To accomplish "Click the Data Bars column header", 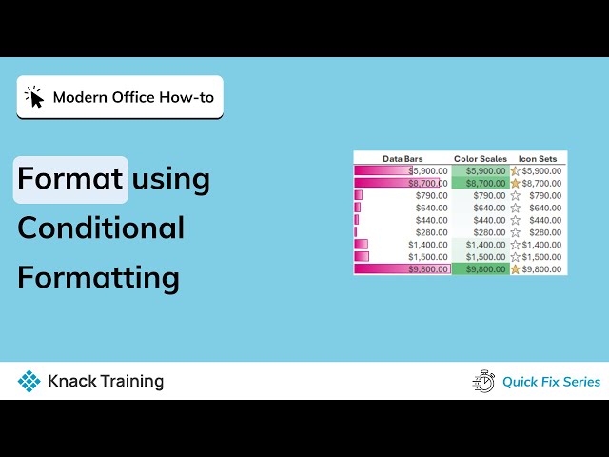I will pyautogui.click(x=403, y=158).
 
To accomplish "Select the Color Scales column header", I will pyautogui.click(x=481, y=158).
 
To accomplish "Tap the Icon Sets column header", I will pyautogui.click(x=539, y=158).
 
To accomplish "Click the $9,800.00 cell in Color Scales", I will pyautogui.click(x=481, y=269).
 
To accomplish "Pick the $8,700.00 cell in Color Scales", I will pyautogui.click(x=481, y=183).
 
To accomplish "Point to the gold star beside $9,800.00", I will pyautogui.click(x=515, y=269).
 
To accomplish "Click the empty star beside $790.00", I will pyautogui.click(x=515, y=195).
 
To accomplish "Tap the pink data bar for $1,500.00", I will pyautogui.click(x=361, y=257).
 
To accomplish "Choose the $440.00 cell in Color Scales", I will pyautogui.click(x=481, y=220).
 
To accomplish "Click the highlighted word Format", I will pyautogui.click(x=70, y=179).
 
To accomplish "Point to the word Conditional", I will pyautogui.click(x=101, y=228).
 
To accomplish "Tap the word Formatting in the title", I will pyautogui.click(x=98, y=278).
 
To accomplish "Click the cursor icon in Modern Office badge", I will pyautogui.click(x=35, y=97).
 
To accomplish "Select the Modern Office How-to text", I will pyautogui.click(x=133, y=97).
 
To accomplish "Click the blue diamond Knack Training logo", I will pyautogui.click(x=29, y=382).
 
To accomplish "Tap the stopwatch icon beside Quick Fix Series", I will pyautogui.click(x=483, y=381).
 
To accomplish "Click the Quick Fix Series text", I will pyautogui.click(x=551, y=382).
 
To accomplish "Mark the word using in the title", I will pyautogui.click(x=171, y=179).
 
